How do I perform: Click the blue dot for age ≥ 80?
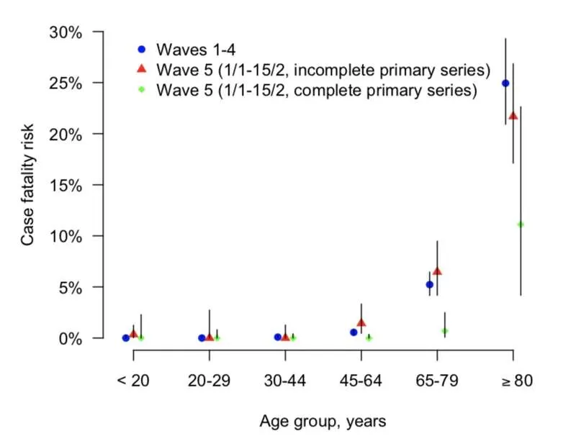(505, 83)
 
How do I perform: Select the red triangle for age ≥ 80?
(513, 116)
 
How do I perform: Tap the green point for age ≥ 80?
(521, 224)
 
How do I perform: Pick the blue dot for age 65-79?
(429, 284)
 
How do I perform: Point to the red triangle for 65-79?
(437, 271)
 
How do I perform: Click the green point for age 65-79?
(445, 331)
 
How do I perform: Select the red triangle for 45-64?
(361, 322)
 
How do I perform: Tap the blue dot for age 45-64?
(354, 332)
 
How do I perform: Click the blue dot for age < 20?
(125, 337)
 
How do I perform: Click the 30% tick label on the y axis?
(66, 32)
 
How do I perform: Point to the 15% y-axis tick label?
(66, 186)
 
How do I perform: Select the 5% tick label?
(70, 288)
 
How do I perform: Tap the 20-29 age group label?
(209, 381)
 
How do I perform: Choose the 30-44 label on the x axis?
(285, 381)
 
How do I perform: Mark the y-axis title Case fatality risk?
(27, 185)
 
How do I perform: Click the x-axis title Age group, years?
(323, 422)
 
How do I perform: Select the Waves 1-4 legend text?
(196, 50)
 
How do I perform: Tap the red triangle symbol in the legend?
(141, 68)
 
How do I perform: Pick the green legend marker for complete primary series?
(141, 89)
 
